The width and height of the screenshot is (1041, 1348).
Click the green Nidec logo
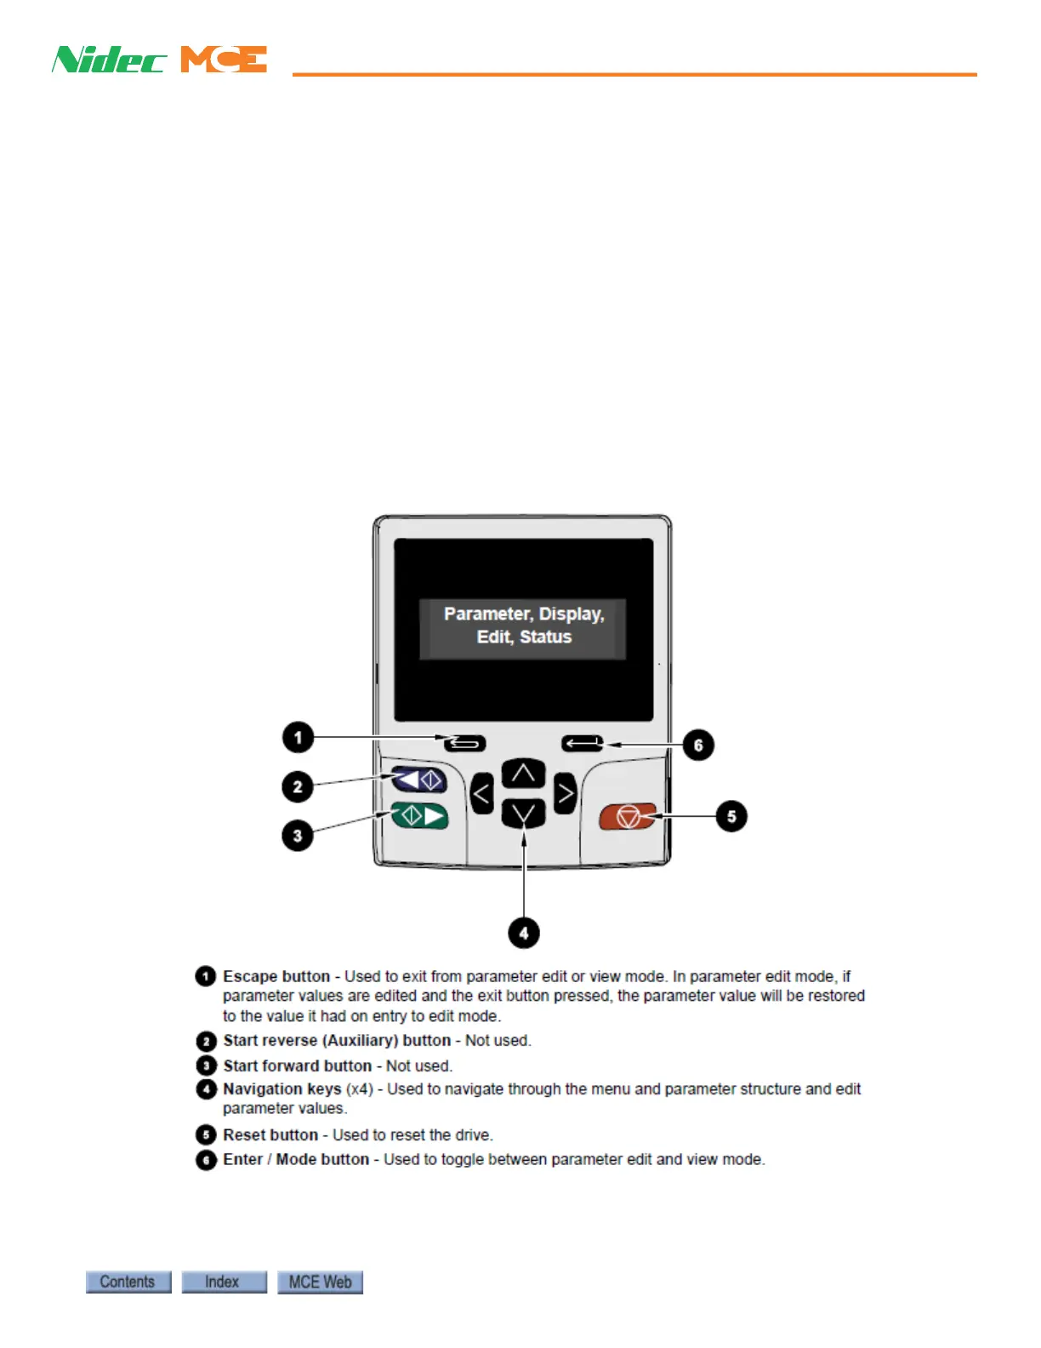coord(109,60)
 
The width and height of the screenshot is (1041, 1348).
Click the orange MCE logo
coord(224,60)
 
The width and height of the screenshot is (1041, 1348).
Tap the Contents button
coord(128,1282)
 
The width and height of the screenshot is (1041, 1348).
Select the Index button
coord(224,1282)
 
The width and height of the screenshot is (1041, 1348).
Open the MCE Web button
coord(320,1282)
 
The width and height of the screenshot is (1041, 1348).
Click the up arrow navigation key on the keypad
coord(523,774)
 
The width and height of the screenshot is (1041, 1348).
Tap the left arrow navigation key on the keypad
coord(481,795)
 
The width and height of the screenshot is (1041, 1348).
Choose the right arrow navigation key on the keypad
coord(565,794)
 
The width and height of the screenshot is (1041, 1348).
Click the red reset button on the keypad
coord(628,817)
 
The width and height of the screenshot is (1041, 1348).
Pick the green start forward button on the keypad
coord(419,816)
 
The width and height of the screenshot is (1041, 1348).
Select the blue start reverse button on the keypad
coord(419,780)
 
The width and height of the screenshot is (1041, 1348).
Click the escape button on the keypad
coord(465,744)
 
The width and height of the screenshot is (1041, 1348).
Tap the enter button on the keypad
coord(583,744)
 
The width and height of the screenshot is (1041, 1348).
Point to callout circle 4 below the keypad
coord(524,933)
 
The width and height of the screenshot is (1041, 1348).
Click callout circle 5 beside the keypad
coord(731,816)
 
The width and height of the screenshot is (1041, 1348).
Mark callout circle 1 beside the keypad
coord(298,737)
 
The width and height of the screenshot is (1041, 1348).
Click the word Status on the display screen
coord(545,637)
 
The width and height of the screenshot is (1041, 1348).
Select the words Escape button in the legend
coord(276,976)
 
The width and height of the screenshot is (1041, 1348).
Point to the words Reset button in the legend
coord(270,1134)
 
